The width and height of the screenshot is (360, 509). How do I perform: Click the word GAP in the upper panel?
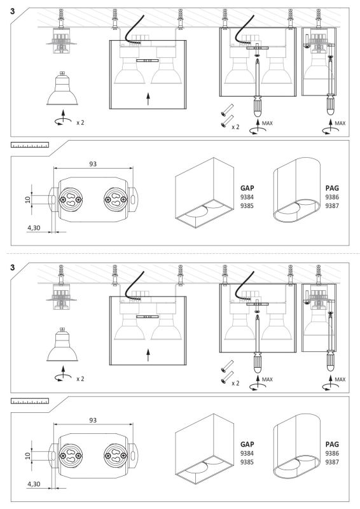(247, 188)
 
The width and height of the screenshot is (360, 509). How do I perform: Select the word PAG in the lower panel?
(332, 444)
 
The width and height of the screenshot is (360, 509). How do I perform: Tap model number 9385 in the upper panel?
(247, 206)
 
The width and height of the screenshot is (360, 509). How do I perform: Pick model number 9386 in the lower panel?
(332, 453)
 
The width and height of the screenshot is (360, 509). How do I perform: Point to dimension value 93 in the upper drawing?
(93, 164)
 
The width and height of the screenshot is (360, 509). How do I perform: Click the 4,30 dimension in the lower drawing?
(34, 484)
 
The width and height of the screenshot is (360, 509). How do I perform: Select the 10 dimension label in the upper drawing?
(28, 199)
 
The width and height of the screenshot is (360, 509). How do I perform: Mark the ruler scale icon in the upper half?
(30, 145)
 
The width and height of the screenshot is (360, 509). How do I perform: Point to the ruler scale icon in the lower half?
(30, 401)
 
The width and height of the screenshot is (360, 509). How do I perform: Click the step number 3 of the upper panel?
(12, 11)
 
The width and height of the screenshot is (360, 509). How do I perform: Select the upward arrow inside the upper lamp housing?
(148, 99)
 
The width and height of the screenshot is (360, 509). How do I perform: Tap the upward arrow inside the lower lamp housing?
(148, 355)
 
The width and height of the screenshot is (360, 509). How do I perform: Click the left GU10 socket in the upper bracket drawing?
(70, 199)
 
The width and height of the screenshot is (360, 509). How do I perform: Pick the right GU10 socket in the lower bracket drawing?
(115, 456)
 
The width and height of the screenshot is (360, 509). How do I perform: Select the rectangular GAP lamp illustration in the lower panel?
(205, 449)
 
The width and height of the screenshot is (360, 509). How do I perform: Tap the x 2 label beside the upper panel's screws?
(235, 127)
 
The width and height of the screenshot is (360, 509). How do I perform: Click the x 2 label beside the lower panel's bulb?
(80, 379)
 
